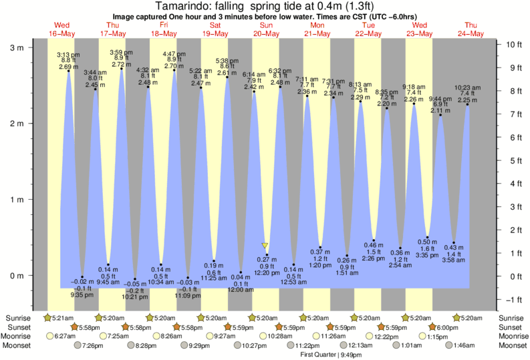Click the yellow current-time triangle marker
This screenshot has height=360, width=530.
point(265,246)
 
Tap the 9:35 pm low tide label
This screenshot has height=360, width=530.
point(82,288)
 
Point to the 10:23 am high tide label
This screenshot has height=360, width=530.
point(467,94)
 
